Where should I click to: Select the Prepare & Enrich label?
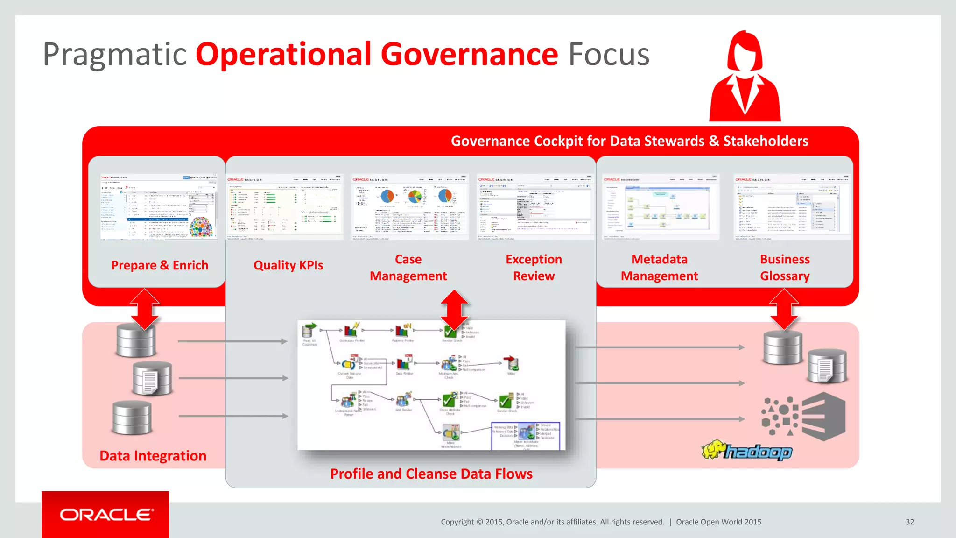pos(160,265)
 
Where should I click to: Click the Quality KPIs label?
pos(288,265)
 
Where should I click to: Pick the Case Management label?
pos(408,268)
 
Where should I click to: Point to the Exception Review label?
pos(534,268)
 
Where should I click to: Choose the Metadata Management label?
pos(659,268)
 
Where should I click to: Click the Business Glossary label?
pos(785,268)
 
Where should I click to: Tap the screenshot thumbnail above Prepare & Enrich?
pos(159,206)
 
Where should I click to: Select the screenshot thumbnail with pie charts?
pos(409,206)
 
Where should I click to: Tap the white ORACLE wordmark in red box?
pos(106,515)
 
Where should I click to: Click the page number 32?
pos(910,522)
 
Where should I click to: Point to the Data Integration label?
pos(153,456)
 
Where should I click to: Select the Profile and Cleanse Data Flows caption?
pos(431,474)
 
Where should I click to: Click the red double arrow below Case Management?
pos(454,310)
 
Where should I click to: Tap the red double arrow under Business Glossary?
pos(784,309)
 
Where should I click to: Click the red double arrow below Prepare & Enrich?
pos(145,309)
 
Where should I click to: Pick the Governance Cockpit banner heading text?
pos(629,141)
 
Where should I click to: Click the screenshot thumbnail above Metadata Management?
pos(660,206)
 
